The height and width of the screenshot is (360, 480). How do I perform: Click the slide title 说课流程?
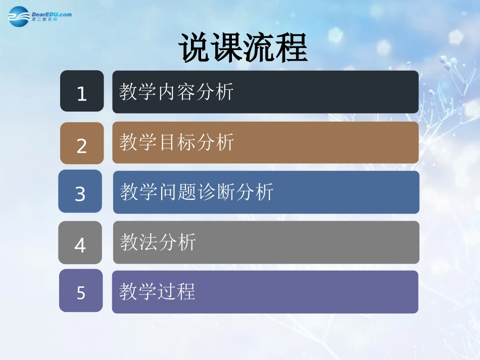click(243, 48)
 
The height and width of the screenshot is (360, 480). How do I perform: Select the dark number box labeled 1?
click(82, 91)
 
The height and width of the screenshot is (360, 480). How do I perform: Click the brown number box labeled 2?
click(82, 144)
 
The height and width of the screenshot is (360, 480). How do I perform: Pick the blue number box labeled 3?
click(80, 192)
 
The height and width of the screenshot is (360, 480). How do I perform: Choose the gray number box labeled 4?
click(80, 243)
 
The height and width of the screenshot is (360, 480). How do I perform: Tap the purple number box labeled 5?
click(81, 291)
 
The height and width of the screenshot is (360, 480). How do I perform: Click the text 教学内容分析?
click(176, 92)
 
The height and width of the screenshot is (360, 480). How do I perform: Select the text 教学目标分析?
click(176, 142)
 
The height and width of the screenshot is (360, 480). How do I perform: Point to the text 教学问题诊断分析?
click(197, 192)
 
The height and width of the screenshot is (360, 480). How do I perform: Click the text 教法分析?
click(158, 242)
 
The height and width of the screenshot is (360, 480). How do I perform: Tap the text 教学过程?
click(157, 291)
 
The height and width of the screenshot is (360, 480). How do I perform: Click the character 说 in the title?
click(195, 48)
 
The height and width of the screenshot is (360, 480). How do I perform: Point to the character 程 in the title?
click(292, 48)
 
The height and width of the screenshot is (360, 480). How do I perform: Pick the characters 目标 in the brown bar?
click(176, 142)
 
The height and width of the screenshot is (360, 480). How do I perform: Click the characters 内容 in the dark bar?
click(176, 92)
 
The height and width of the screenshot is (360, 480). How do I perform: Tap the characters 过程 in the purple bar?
click(176, 291)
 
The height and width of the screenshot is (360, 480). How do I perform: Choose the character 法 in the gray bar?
click(148, 242)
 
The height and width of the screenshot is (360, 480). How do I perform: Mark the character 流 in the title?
click(259, 48)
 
